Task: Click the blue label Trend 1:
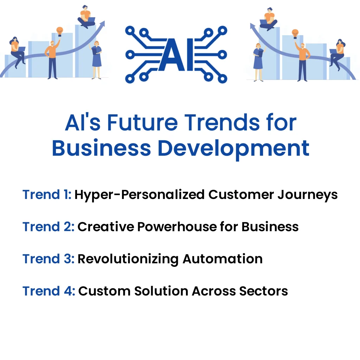pyautogui.click(x=47, y=194)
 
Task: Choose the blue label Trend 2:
pyautogui.click(x=48, y=227)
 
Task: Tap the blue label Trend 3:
pyautogui.click(x=48, y=259)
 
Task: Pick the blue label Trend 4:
pyautogui.click(x=49, y=291)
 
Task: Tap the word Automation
pyautogui.click(x=223, y=259)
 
